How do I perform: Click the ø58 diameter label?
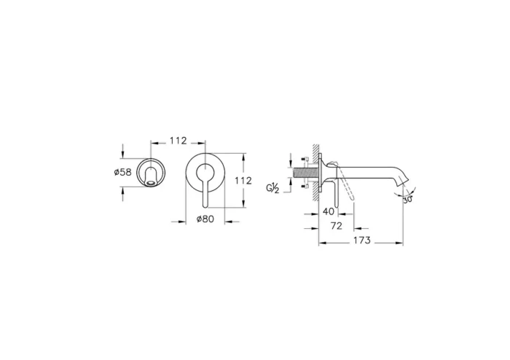tap(122, 173)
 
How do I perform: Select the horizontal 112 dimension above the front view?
tap(178, 141)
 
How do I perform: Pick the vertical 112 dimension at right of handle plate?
tap(243, 180)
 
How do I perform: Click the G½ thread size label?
tap(273, 189)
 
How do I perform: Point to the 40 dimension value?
tap(329, 211)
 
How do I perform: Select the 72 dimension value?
tap(337, 227)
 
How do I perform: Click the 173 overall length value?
tap(362, 240)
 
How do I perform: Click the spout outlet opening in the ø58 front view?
tap(152, 183)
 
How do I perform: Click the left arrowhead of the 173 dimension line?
tap(321, 240)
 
